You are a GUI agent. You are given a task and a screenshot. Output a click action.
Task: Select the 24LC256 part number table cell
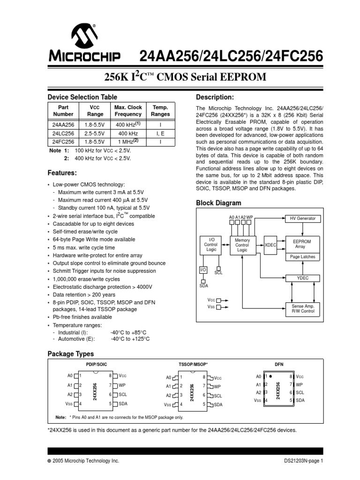63,133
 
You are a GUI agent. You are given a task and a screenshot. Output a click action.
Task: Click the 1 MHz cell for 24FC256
127,141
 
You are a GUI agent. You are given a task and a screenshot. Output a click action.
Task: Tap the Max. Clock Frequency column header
127,111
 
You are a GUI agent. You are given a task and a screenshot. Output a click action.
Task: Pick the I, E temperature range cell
160,133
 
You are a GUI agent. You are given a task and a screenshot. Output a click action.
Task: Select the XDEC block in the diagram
270,245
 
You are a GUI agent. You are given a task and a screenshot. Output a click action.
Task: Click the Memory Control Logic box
242,245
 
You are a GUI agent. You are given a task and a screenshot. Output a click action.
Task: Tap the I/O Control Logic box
210,245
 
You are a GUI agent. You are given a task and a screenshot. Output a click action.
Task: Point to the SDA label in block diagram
203,285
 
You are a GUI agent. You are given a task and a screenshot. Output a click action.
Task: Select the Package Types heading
71,354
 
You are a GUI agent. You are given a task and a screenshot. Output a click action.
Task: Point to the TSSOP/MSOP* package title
193,364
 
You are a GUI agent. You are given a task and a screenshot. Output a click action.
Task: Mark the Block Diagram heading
218,203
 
